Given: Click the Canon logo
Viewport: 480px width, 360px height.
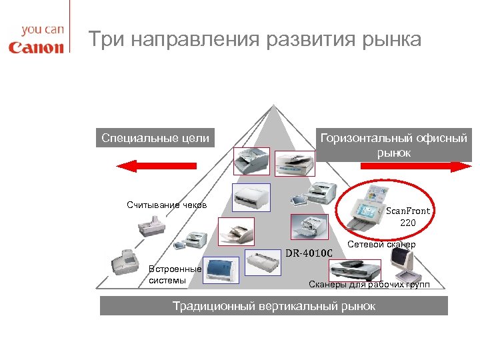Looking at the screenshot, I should [36, 47].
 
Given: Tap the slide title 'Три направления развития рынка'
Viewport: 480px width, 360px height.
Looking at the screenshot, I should [255, 39].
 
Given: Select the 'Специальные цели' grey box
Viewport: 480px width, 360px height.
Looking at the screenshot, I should [155, 139].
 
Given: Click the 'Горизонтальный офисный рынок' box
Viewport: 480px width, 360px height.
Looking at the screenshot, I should [393, 145].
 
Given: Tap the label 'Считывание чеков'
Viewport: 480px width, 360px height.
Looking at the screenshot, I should [167, 205].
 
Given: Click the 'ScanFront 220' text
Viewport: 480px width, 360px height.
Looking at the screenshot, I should [408, 216].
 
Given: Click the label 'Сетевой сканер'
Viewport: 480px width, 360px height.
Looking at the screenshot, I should [381, 245].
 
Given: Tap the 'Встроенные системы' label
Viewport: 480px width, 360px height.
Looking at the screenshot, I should [175, 275].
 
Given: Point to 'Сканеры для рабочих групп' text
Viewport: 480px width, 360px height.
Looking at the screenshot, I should [369, 285].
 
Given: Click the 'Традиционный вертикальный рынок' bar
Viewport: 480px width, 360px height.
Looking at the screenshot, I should [273, 306].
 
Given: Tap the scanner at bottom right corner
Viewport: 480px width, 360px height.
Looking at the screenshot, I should [406, 271].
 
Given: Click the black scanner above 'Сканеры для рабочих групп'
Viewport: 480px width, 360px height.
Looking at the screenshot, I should [355, 269].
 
